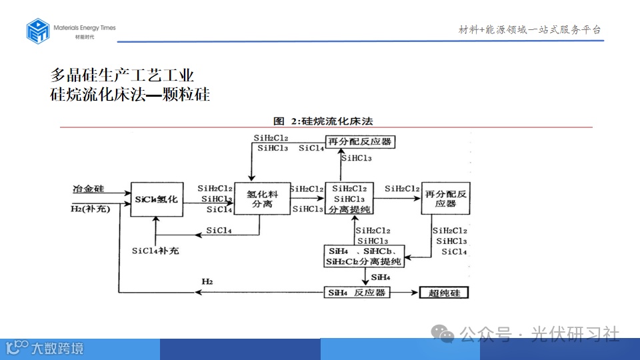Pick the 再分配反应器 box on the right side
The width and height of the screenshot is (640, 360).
pos(445,199)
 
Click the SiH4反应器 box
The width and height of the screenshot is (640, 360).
pos(357,293)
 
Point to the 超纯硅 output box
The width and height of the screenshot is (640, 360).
pos(444,293)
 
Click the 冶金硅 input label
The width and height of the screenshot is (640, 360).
pos(89,189)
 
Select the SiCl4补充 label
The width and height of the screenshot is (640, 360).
pos(155,251)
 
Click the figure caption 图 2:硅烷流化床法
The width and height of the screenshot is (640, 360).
pos(323,121)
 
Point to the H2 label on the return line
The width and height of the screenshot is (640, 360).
pos(207,283)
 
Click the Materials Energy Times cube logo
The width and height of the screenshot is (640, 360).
pos(38,31)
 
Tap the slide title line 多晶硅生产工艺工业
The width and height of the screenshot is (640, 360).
pos(123,75)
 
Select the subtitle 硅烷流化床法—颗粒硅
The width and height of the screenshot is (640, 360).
pos(130,95)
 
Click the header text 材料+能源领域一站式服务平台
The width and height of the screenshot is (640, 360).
pos(530,29)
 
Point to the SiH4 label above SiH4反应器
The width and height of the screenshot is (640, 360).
pos(381,277)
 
